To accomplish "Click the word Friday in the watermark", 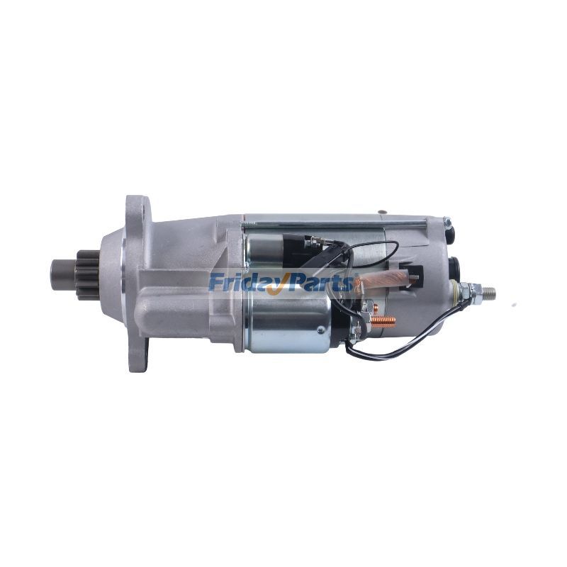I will click(245, 283).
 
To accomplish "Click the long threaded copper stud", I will click(383, 320).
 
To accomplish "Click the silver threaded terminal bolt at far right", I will click(486, 291).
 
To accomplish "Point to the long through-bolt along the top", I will click(333, 225).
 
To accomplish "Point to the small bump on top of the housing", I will click(381, 210).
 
